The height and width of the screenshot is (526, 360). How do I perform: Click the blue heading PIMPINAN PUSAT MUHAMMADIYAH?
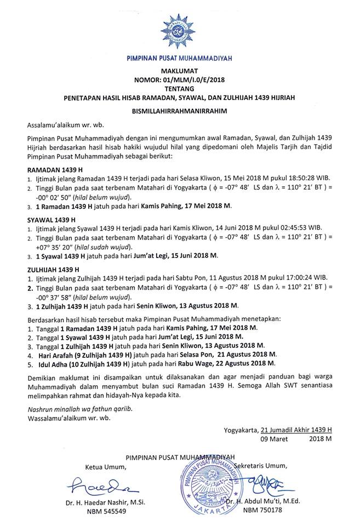(x=180, y=57)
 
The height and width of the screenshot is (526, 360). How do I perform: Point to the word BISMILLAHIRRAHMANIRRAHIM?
(x=180, y=110)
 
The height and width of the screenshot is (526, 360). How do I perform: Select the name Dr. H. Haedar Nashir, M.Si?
(x=105, y=502)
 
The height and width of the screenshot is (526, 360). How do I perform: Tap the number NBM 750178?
(x=261, y=511)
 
